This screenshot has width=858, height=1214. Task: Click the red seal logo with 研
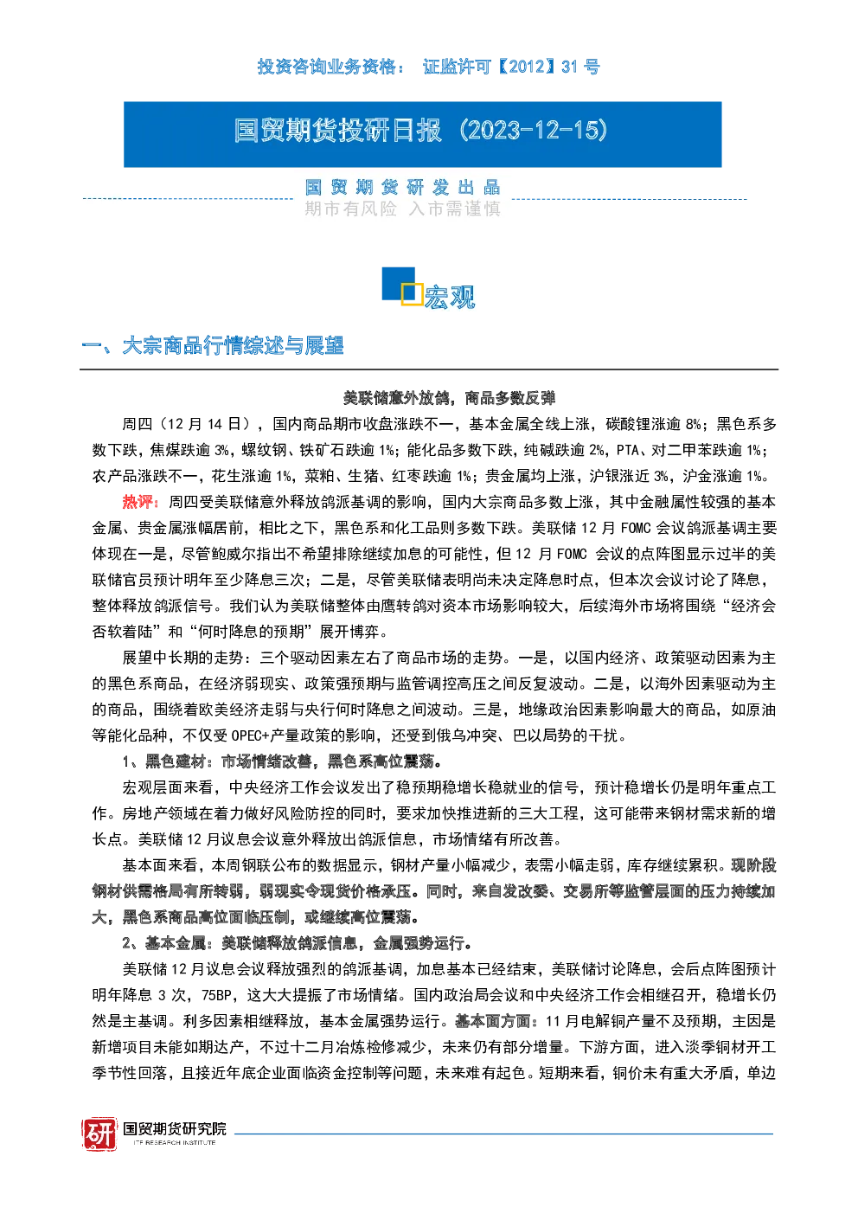point(99,1134)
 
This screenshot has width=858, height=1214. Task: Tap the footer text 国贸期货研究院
point(175,1128)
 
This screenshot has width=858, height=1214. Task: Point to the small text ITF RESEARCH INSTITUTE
point(175,1142)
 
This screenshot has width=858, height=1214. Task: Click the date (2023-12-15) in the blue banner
point(534,130)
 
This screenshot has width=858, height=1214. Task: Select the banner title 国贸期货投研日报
point(338,131)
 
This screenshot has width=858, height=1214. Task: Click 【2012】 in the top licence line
point(525,67)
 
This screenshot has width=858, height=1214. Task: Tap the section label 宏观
point(450,297)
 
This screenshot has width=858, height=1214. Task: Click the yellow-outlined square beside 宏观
point(412,293)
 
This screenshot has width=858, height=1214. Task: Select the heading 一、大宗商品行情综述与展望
point(213,345)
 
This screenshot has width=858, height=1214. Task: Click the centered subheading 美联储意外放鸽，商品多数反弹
point(449,398)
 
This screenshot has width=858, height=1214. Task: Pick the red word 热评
point(138,502)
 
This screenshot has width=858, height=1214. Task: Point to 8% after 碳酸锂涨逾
point(694,424)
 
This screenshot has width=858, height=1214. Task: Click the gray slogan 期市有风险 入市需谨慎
point(402,209)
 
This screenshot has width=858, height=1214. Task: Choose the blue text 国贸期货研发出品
point(402,187)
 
